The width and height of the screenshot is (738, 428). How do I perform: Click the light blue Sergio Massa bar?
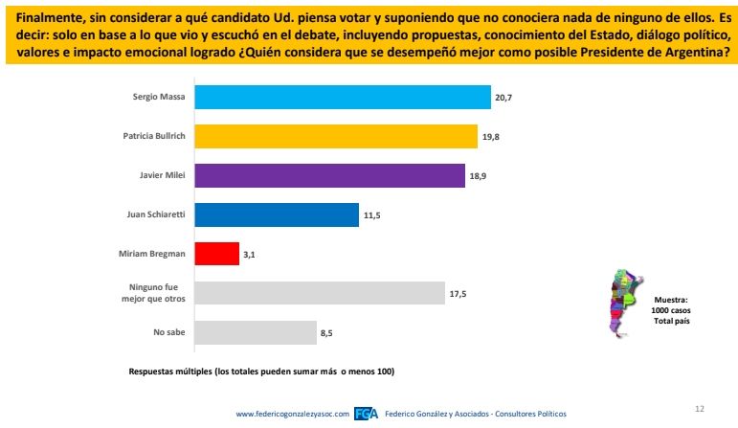coord(343,97)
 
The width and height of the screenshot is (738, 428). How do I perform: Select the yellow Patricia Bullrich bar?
coord(336,136)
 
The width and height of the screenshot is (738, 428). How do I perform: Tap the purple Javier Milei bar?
coord(329,175)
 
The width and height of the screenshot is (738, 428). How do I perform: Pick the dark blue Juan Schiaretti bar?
coord(277,214)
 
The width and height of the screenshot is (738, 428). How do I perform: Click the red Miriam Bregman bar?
coord(216,254)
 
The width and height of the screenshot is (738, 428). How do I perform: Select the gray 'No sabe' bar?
coord(256,332)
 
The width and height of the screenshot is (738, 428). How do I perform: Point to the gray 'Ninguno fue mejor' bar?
coord(320,293)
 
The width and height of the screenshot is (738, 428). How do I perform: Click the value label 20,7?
coord(505,98)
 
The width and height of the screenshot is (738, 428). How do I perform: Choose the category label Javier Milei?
coord(163,176)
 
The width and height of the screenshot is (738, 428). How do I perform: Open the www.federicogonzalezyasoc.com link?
coord(293,414)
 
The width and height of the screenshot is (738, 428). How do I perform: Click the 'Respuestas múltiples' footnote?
coord(260,371)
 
